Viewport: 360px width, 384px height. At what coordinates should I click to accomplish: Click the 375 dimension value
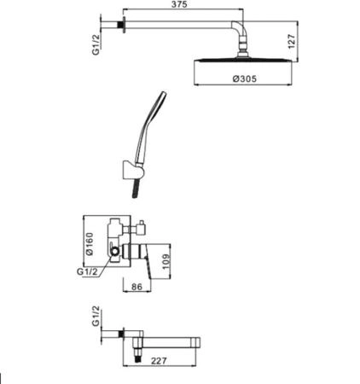(x=179, y=4)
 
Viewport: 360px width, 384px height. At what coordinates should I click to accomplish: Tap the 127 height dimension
(x=292, y=42)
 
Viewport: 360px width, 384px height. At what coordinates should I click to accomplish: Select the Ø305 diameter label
(x=245, y=79)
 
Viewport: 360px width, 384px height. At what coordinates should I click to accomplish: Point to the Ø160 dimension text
(x=90, y=244)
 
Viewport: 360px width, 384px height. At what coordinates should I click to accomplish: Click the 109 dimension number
(x=165, y=262)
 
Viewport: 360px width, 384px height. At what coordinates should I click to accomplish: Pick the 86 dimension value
(x=136, y=287)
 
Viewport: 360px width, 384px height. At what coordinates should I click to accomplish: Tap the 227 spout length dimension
(x=159, y=361)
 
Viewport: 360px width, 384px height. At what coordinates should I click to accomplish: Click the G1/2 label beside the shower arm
(x=96, y=44)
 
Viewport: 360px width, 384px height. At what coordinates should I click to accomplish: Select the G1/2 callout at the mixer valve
(x=87, y=271)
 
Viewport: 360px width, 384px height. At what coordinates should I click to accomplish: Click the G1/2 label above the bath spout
(x=96, y=316)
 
